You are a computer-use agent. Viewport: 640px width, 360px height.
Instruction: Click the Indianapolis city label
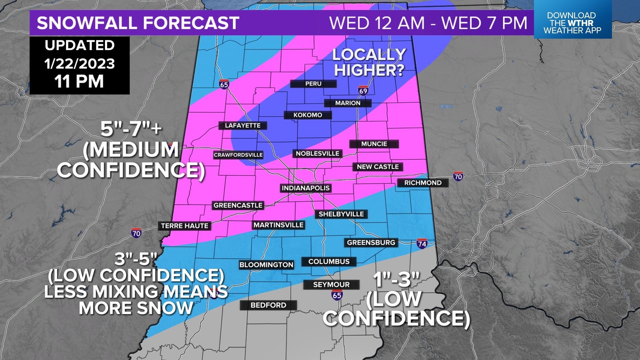(x=305, y=188)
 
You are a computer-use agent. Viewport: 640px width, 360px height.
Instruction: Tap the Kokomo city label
(x=308, y=115)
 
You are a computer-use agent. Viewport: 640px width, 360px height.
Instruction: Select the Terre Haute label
(x=185, y=226)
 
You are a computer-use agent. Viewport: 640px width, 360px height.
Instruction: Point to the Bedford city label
(x=268, y=305)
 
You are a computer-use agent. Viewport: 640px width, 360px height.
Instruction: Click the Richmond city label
(x=423, y=183)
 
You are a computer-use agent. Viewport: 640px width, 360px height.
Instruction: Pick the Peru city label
(x=313, y=84)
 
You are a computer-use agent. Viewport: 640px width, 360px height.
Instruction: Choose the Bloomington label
(x=266, y=265)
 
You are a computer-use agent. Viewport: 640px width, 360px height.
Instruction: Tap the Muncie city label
(x=374, y=144)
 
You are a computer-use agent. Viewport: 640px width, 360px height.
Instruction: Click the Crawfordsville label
(x=238, y=155)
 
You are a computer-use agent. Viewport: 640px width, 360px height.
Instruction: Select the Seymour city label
(x=331, y=285)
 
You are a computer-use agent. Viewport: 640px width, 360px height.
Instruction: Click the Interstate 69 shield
(x=363, y=91)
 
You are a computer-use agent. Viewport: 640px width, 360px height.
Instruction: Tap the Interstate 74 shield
(x=422, y=244)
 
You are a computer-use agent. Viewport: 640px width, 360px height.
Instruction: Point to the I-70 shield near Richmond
(x=458, y=176)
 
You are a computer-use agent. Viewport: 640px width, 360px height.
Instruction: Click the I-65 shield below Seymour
(x=337, y=295)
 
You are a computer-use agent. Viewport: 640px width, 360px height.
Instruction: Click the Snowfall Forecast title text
(x=138, y=23)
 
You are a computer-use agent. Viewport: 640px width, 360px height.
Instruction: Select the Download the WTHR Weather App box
(x=572, y=23)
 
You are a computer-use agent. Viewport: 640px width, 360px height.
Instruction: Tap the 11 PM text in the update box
(x=79, y=82)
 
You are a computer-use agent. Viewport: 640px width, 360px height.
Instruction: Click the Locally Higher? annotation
(x=369, y=62)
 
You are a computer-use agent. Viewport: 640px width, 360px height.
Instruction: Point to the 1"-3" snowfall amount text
(x=397, y=280)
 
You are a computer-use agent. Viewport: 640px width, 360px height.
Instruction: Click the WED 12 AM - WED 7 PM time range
(x=428, y=23)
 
